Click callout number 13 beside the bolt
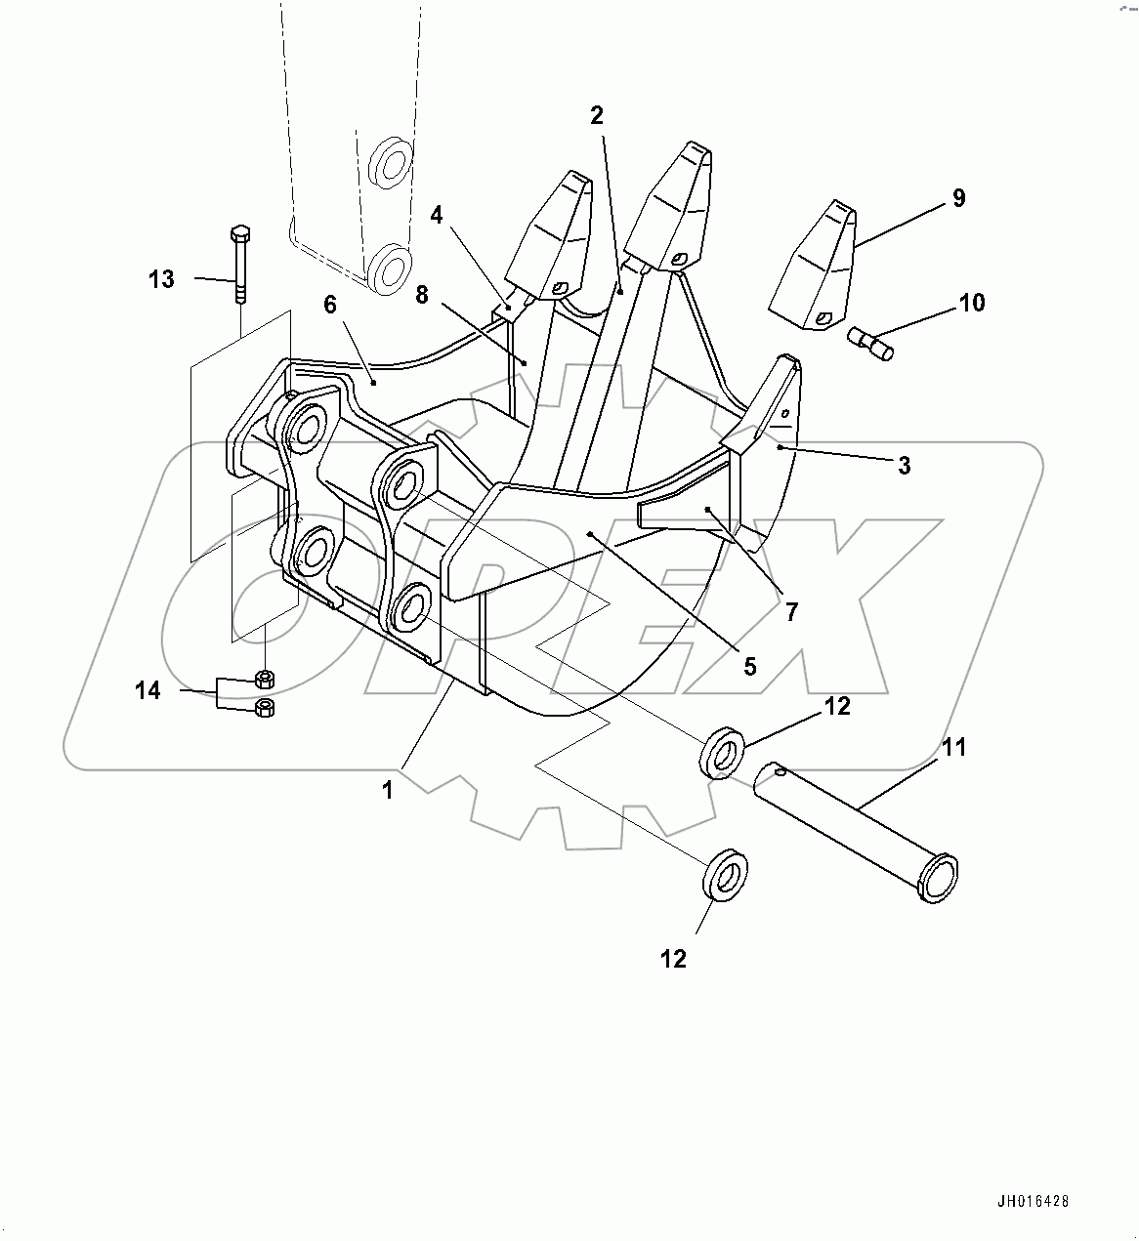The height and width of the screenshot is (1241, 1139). click(161, 279)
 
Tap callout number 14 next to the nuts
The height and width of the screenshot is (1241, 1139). click(148, 691)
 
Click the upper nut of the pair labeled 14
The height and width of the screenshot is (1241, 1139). click(263, 679)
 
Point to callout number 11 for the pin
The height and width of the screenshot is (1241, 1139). click(953, 748)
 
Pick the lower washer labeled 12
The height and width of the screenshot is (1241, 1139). click(724, 878)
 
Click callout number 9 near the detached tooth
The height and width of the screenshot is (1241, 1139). click(958, 198)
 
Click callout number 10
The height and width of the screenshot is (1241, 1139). click(971, 303)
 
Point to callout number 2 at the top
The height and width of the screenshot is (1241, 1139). click(597, 115)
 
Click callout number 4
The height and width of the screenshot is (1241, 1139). click(437, 215)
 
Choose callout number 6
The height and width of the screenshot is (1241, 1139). click(330, 305)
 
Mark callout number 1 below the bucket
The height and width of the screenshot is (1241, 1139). click(388, 790)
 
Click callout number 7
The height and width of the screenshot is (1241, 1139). click(791, 612)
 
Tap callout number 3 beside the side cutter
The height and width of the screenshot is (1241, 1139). click(905, 466)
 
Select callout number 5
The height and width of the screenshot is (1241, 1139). click(749, 667)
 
